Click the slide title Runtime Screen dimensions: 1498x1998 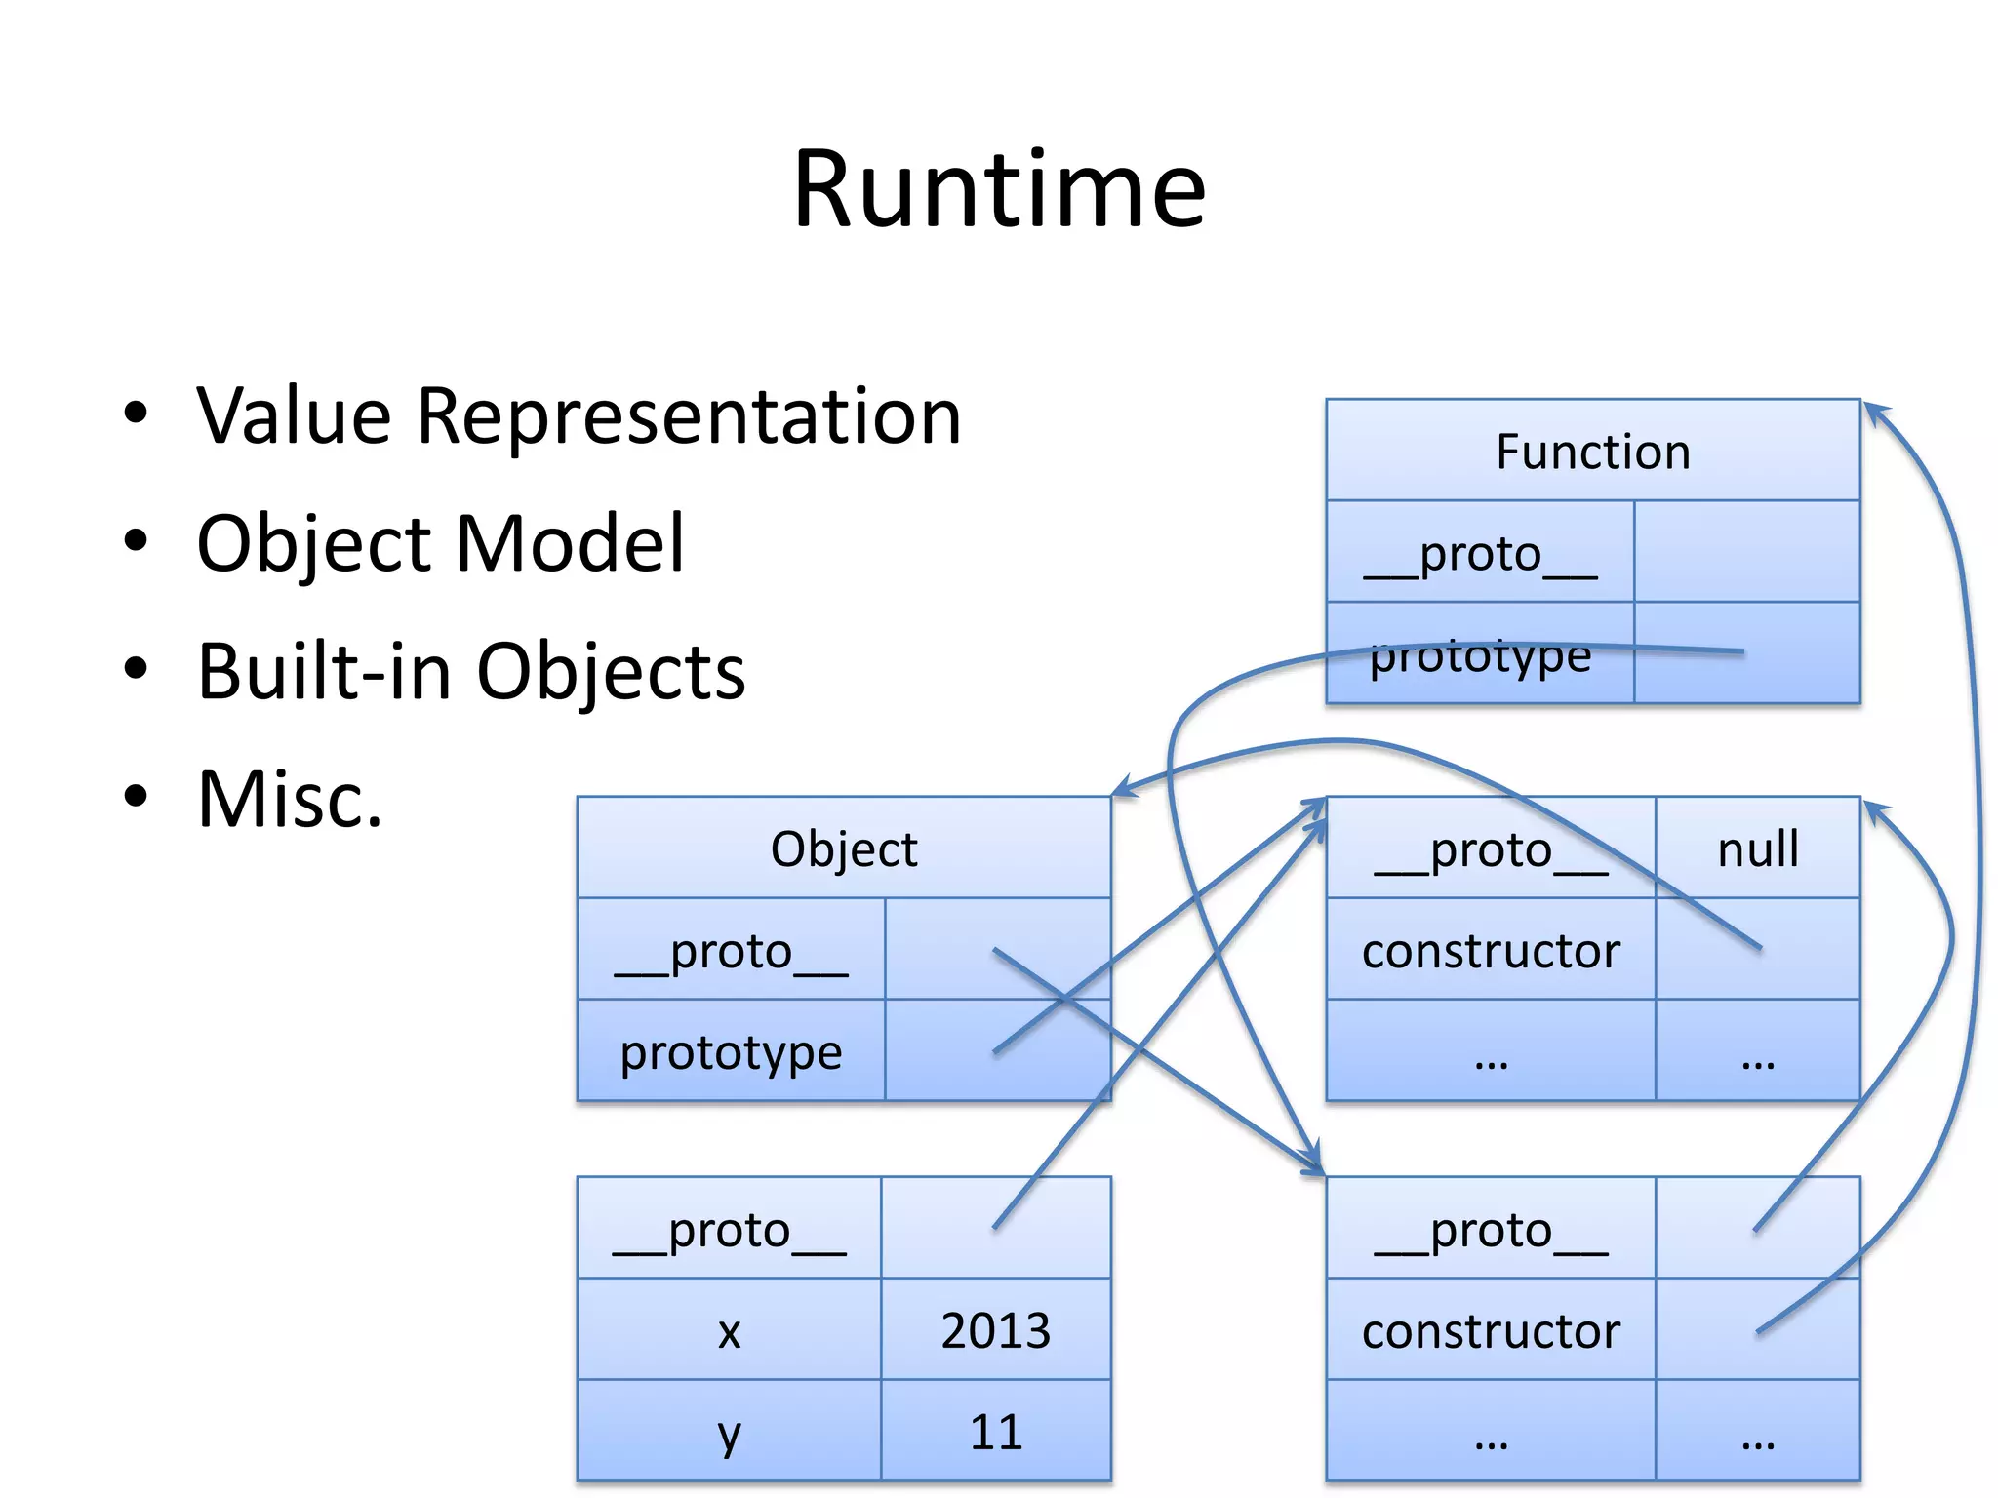(x=999, y=189)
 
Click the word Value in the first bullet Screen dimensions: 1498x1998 (x=294, y=416)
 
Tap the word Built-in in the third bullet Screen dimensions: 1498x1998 (x=324, y=672)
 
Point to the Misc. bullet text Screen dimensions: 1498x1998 (x=290, y=800)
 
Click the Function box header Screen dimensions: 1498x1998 (x=1592, y=452)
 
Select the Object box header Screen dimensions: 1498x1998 (x=843, y=848)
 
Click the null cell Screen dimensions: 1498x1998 (x=1757, y=848)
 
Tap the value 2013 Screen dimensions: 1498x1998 (x=995, y=1330)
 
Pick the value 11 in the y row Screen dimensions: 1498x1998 (x=995, y=1432)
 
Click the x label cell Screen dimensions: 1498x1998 (x=729, y=1330)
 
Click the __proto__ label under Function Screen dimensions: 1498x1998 (x=1480, y=554)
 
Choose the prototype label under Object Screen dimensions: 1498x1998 (x=731, y=1052)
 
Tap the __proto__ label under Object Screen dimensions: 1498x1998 (x=731, y=951)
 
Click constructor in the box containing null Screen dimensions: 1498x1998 (x=1491, y=951)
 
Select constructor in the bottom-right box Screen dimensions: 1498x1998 (x=1491, y=1331)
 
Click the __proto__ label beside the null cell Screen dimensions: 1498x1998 (x=1491, y=849)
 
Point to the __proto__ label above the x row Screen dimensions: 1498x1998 (x=729, y=1230)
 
